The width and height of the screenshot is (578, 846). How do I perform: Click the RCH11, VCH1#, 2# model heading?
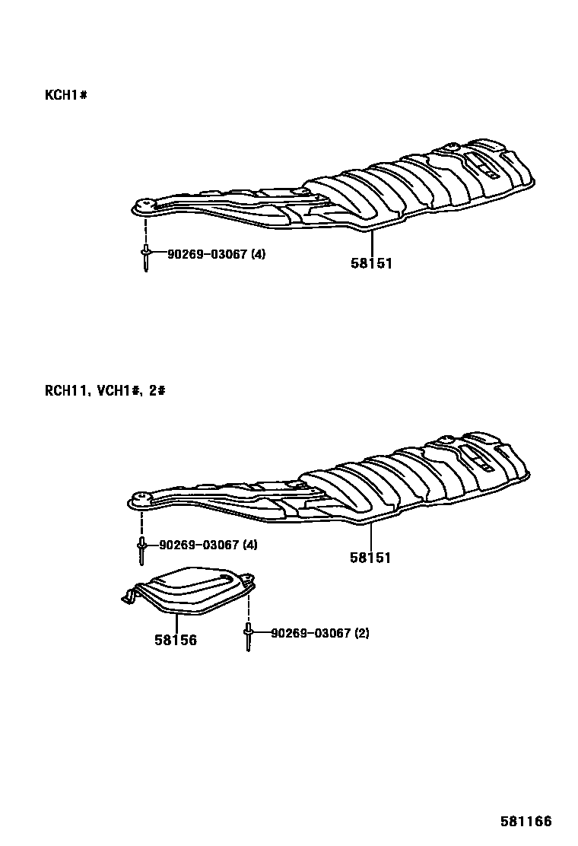(x=105, y=391)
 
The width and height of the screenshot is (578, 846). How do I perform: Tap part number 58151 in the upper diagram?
(x=371, y=263)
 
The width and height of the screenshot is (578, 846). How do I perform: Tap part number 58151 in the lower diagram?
(x=370, y=558)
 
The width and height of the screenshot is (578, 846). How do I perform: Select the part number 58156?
(x=176, y=641)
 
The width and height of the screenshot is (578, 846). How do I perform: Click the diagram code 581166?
(x=526, y=822)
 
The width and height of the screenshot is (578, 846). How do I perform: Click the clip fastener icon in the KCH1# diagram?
(x=144, y=257)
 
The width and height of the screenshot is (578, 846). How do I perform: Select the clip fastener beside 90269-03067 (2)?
(x=248, y=636)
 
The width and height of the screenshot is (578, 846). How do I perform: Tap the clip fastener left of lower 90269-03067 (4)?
(x=142, y=549)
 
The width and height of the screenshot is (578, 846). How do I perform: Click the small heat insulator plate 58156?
(x=190, y=590)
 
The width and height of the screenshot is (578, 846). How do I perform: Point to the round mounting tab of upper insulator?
(x=143, y=205)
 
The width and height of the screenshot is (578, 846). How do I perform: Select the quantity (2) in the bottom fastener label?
(x=362, y=633)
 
